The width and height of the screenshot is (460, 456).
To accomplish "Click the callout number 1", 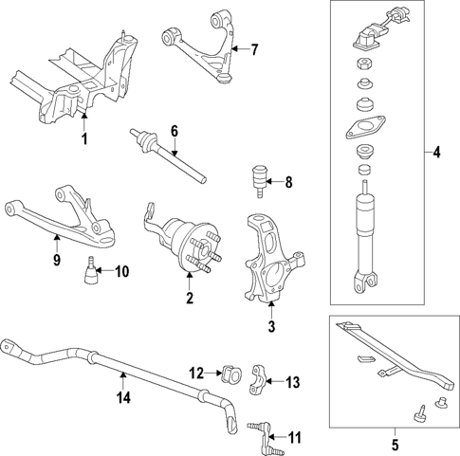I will [83, 139].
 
